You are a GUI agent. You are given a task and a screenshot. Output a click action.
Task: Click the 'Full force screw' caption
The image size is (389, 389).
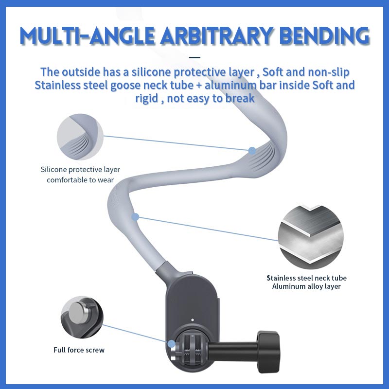pyautogui.click(x=79, y=350)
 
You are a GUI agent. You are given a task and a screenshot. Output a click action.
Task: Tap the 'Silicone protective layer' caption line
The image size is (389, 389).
pyautogui.click(x=80, y=170)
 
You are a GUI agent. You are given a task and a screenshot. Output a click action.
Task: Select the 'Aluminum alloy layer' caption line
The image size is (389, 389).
pyautogui.click(x=306, y=286)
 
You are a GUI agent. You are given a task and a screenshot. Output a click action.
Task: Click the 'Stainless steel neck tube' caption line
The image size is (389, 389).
pyautogui.click(x=306, y=278)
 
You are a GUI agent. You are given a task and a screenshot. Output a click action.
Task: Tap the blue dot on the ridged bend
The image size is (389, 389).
pyautogui.click(x=252, y=151)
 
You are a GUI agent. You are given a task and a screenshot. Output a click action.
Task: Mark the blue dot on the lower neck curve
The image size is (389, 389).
pyautogui.click(x=135, y=216)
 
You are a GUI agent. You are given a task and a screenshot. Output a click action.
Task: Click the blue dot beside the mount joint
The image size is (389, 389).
pyautogui.click(x=172, y=343)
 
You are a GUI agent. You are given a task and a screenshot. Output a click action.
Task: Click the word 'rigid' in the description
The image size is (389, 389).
pyautogui.click(x=148, y=98)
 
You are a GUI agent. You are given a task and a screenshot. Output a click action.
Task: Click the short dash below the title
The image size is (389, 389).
pyautogui.click(x=197, y=56)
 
